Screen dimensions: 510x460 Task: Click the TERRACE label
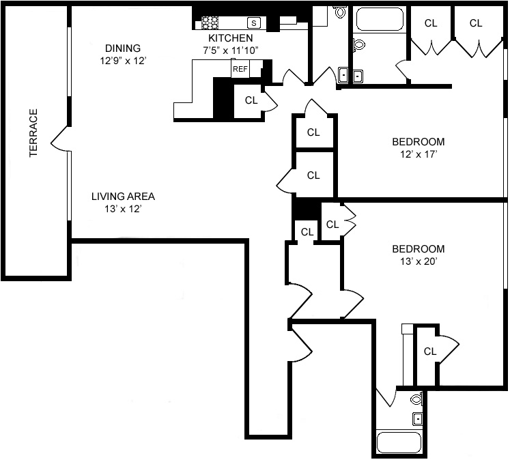(x=33, y=133)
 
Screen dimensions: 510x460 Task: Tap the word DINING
(x=123, y=48)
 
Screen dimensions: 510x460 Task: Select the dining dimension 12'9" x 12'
(x=124, y=61)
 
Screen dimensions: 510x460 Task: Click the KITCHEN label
(x=230, y=38)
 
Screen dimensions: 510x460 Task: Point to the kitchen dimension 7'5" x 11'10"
(x=231, y=51)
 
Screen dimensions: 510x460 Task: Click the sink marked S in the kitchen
(x=254, y=23)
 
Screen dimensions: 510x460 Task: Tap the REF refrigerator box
(x=240, y=69)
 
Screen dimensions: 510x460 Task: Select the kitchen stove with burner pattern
(x=210, y=23)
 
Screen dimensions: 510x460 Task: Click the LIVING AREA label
(x=123, y=197)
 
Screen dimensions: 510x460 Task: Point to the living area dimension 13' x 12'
(x=123, y=209)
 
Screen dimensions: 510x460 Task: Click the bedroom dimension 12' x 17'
(x=419, y=154)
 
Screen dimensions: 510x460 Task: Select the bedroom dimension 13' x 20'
(x=419, y=261)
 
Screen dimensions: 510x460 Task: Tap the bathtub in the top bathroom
(x=380, y=19)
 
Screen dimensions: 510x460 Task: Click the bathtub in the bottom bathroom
(x=399, y=442)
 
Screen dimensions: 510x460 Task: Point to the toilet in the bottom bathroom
(x=416, y=399)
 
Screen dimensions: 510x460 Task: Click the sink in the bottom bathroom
(x=418, y=419)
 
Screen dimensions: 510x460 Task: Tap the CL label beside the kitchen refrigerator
(x=251, y=100)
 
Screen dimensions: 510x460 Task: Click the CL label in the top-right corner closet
(x=476, y=23)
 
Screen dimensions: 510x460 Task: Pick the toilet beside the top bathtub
(x=358, y=44)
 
